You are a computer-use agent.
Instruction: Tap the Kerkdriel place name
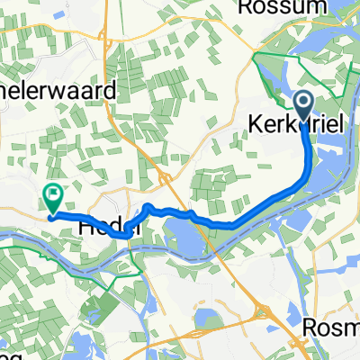point(301,123)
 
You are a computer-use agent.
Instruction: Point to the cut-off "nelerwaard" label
point(58,90)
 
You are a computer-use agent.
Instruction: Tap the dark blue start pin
point(303,105)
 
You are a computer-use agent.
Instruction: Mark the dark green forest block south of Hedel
point(94,306)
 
